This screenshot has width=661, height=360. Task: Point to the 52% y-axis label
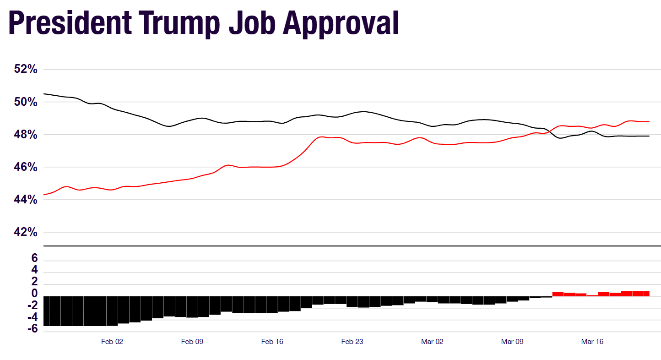point(26,69)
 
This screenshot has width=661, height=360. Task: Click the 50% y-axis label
point(26,102)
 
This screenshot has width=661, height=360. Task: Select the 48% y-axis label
point(26,135)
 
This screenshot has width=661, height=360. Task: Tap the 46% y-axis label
point(26,167)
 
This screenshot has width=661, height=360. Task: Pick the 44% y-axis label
point(26,200)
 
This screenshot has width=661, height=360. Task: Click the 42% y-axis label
point(26,232)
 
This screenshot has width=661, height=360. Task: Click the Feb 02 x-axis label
point(112,342)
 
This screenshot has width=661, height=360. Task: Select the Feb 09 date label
point(192,342)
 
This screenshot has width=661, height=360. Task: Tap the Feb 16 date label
point(272,342)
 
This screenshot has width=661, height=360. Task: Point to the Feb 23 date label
point(352,342)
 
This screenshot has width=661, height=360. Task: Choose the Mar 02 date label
point(432,342)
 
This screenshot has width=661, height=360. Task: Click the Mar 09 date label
point(512,342)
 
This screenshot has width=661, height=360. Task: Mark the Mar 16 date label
point(592,342)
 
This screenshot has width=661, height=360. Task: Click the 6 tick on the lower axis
point(34,258)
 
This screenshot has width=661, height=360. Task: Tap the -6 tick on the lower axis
point(32,329)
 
